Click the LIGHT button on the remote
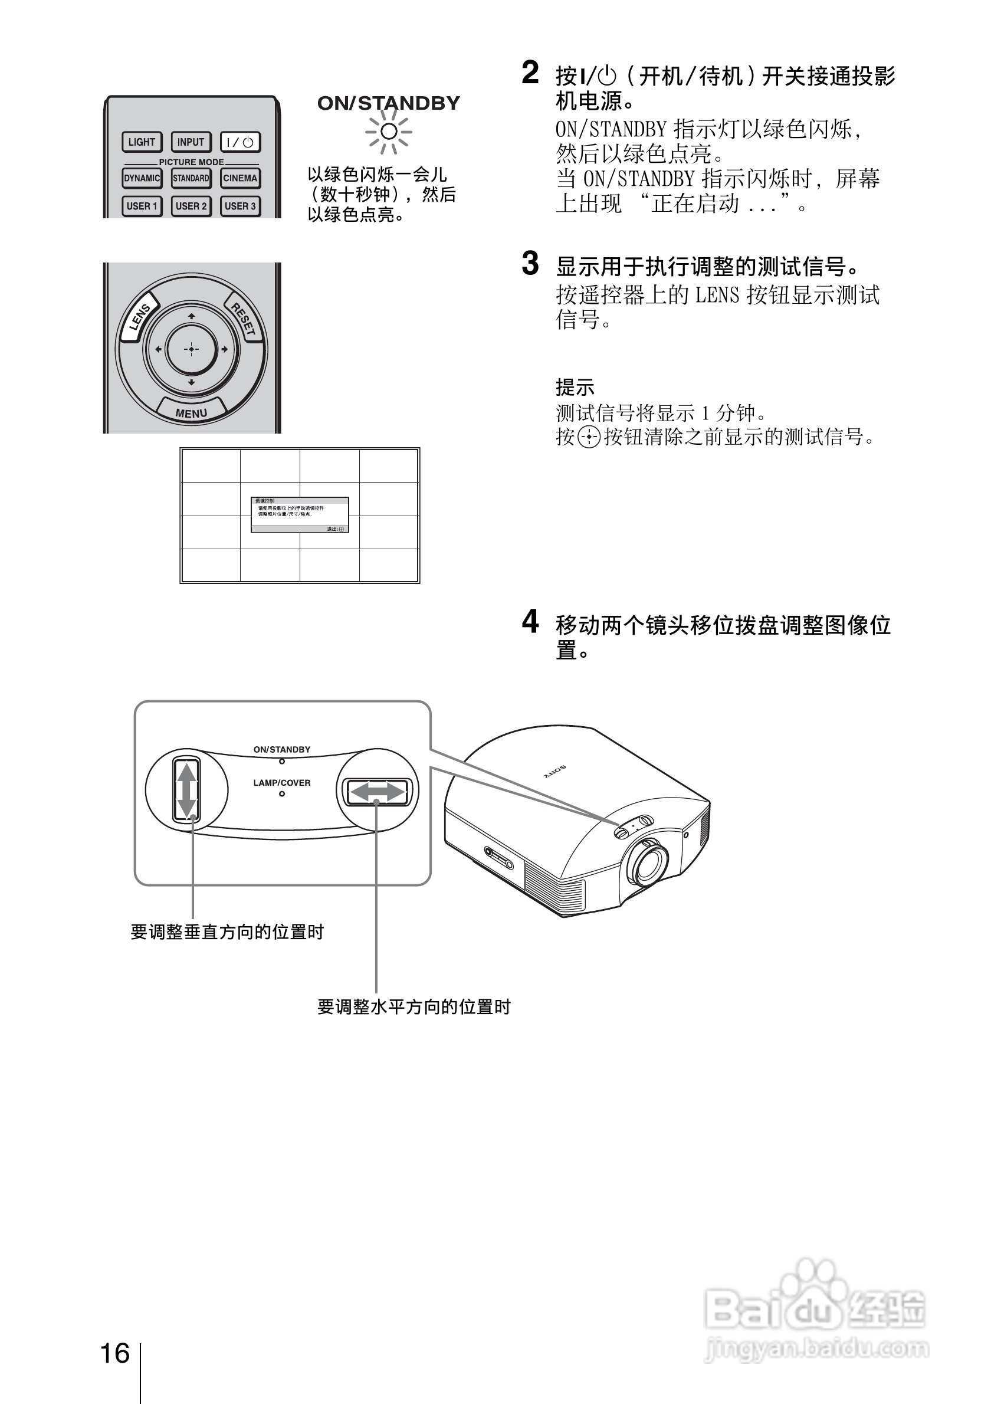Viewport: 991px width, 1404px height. [142, 142]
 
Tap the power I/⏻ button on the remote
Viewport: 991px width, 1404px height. [240, 142]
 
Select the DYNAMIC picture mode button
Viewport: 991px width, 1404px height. [142, 178]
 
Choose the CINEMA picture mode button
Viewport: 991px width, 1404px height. [240, 178]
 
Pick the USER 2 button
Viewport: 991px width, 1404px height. [191, 206]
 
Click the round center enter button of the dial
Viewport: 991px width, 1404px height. [191, 349]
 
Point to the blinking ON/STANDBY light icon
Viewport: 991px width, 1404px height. [388, 132]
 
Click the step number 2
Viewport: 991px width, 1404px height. [530, 73]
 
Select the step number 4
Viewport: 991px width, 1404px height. [530, 622]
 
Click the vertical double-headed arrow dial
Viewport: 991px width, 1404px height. [186, 790]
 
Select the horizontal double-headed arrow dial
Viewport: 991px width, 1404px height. [376, 792]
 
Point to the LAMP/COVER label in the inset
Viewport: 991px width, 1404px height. [282, 783]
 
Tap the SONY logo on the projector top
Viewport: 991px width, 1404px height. [556, 772]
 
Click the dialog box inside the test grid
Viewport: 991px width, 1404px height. [300, 515]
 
